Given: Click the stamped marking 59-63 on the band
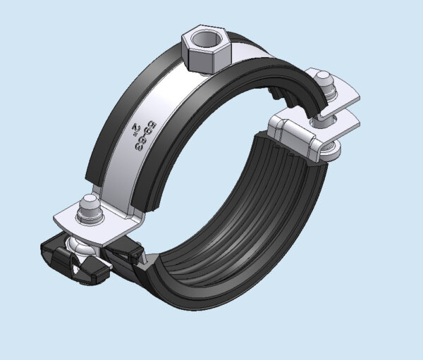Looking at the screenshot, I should pyautogui.click(x=144, y=132).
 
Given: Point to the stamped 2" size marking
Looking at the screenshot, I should pyautogui.click(x=133, y=128).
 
